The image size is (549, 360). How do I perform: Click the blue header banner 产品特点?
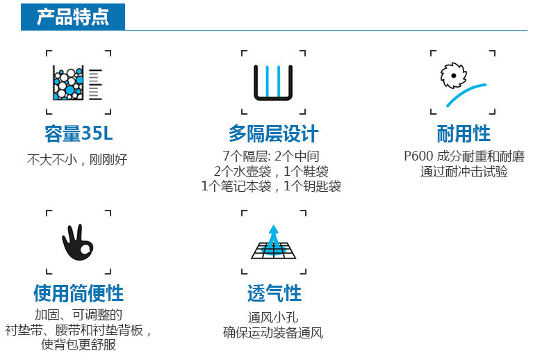(x=72, y=16)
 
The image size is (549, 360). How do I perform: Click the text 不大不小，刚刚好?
(x=77, y=158)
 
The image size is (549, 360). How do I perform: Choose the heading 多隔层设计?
(x=273, y=133)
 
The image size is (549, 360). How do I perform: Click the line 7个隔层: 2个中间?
(x=271, y=156)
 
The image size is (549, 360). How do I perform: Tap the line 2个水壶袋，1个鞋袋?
(x=271, y=171)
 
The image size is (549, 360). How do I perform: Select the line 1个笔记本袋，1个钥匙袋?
(x=271, y=186)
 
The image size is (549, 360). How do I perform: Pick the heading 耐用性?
(x=464, y=133)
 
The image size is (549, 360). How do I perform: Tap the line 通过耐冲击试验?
(x=464, y=172)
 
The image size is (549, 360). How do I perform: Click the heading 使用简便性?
(x=79, y=293)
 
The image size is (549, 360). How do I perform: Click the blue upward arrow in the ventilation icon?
(x=274, y=236)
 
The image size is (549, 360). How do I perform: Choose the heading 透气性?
(x=274, y=293)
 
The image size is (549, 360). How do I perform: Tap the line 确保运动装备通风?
(x=273, y=333)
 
